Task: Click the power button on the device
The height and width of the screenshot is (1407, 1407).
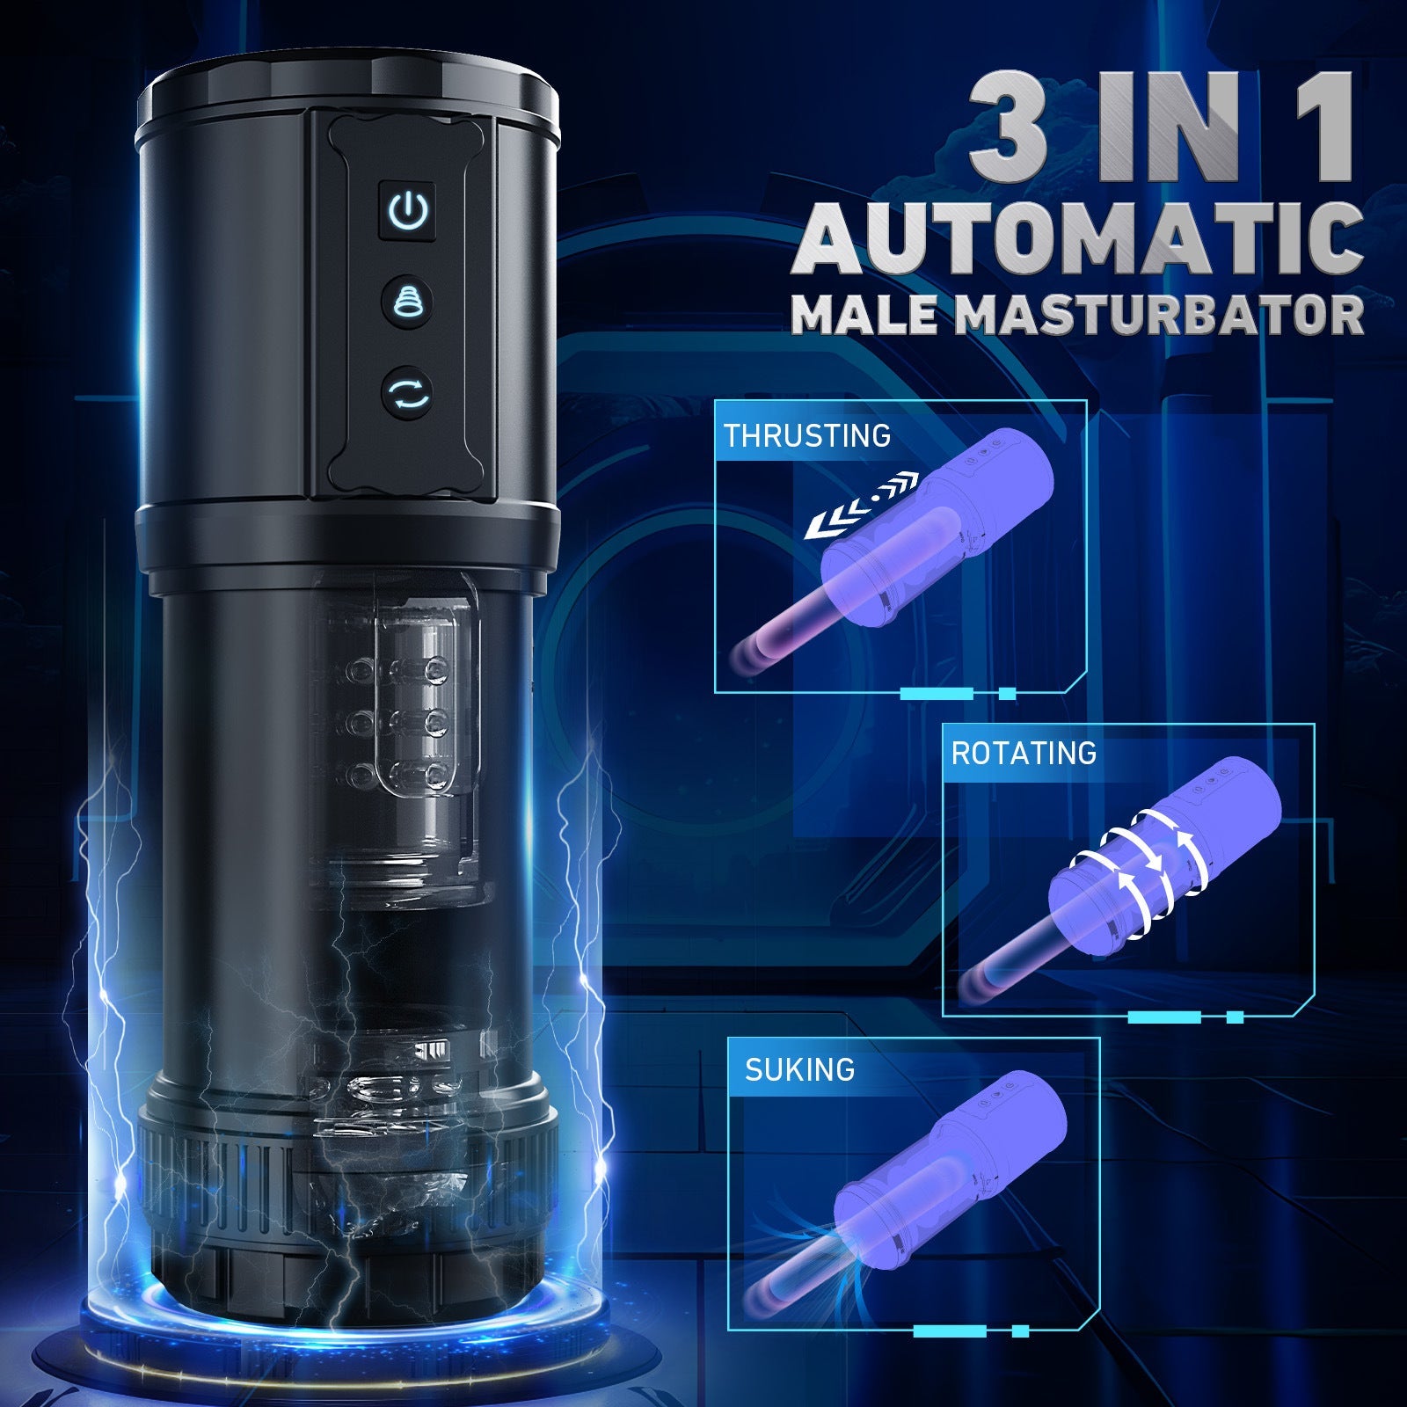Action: [x=409, y=212]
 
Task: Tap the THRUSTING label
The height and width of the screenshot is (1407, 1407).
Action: [x=806, y=436]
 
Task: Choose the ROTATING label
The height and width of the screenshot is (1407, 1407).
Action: [x=1024, y=753]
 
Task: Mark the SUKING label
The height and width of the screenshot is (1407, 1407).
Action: [x=799, y=1069]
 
